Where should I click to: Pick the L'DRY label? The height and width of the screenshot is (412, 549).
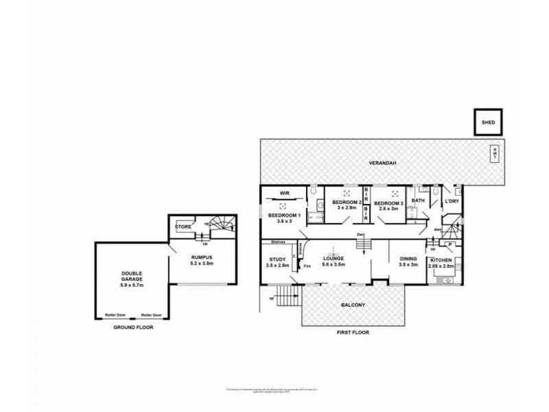click(x=451, y=201)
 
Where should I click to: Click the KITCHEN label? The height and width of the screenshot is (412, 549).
click(x=440, y=262)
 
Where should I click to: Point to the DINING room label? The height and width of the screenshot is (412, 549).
click(x=409, y=258)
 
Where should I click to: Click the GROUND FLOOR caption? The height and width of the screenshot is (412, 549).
click(x=134, y=328)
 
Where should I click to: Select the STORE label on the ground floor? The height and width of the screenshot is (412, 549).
click(x=183, y=226)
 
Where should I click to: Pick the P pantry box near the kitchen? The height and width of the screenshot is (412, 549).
click(x=449, y=244)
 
